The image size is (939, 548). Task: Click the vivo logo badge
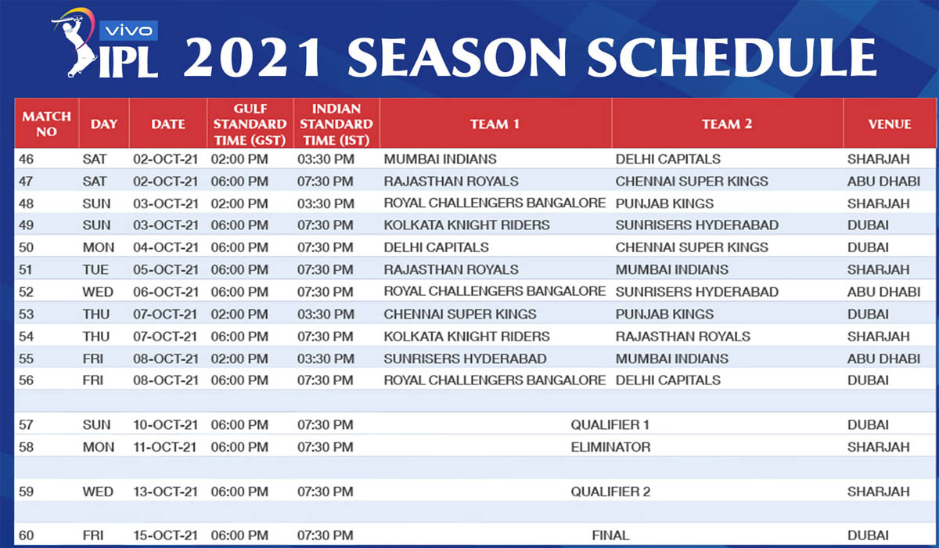tap(128, 31)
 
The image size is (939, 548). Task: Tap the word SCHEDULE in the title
tap(732, 58)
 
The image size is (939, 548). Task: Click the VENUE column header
tap(890, 124)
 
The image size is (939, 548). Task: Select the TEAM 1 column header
tap(495, 124)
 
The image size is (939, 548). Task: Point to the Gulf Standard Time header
tap(250, 124)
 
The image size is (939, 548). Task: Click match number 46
tap(26, 160)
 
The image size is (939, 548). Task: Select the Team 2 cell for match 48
tap(664, 204)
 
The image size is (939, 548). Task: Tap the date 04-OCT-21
tap(166, 247)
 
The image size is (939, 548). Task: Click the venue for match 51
tap(878, 269)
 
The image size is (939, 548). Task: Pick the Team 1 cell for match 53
tap(460, 315)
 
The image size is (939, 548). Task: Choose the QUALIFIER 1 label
tap(610, 425)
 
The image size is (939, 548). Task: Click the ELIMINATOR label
tap(610, 447)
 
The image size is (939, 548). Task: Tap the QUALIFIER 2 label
tap(610, 492)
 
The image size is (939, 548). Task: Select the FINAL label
tap(610, 535)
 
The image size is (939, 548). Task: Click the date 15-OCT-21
tap(165, 535)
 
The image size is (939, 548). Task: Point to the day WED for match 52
tap(98, 292)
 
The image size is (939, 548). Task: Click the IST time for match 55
tap(326, 359)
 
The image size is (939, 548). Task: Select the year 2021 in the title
tap(252, 58)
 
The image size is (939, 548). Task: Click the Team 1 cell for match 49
tap(466, 225)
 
